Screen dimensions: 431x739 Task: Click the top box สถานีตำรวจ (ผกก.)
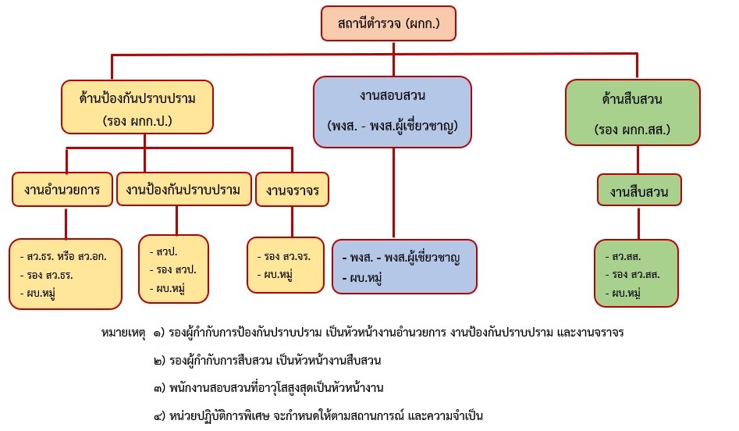[x=387, y=24]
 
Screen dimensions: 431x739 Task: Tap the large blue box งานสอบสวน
[x=393, y=112]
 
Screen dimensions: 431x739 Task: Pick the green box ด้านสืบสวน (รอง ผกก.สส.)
[x=633, y=112]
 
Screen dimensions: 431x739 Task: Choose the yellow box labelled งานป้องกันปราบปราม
[x=183, y=190]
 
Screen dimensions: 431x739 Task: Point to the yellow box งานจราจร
[x=293, y=190]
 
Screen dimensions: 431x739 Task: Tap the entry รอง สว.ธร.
[x=48, y=275]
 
